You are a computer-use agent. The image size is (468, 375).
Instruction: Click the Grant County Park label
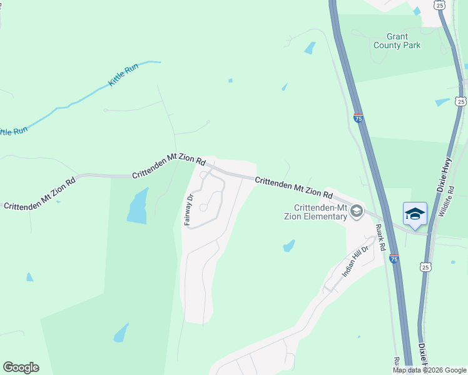(x=397, y=41)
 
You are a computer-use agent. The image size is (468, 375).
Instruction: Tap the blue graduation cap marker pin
(x=415, y=214)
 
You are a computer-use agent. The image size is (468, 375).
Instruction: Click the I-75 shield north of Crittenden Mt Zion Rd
(x=358, y=117)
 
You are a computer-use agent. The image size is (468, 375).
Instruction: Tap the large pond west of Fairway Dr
(x=138, y=205)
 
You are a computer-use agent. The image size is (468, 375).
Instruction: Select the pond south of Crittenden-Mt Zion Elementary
(x=288, y=246)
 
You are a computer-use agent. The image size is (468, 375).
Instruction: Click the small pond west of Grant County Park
(x=309, y=47)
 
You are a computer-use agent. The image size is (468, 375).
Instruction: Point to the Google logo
(x=21, y=367)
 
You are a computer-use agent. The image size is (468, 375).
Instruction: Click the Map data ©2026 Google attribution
(x=429, y=370)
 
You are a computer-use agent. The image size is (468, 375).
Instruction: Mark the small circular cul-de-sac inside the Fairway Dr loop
(x=203, y=208)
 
